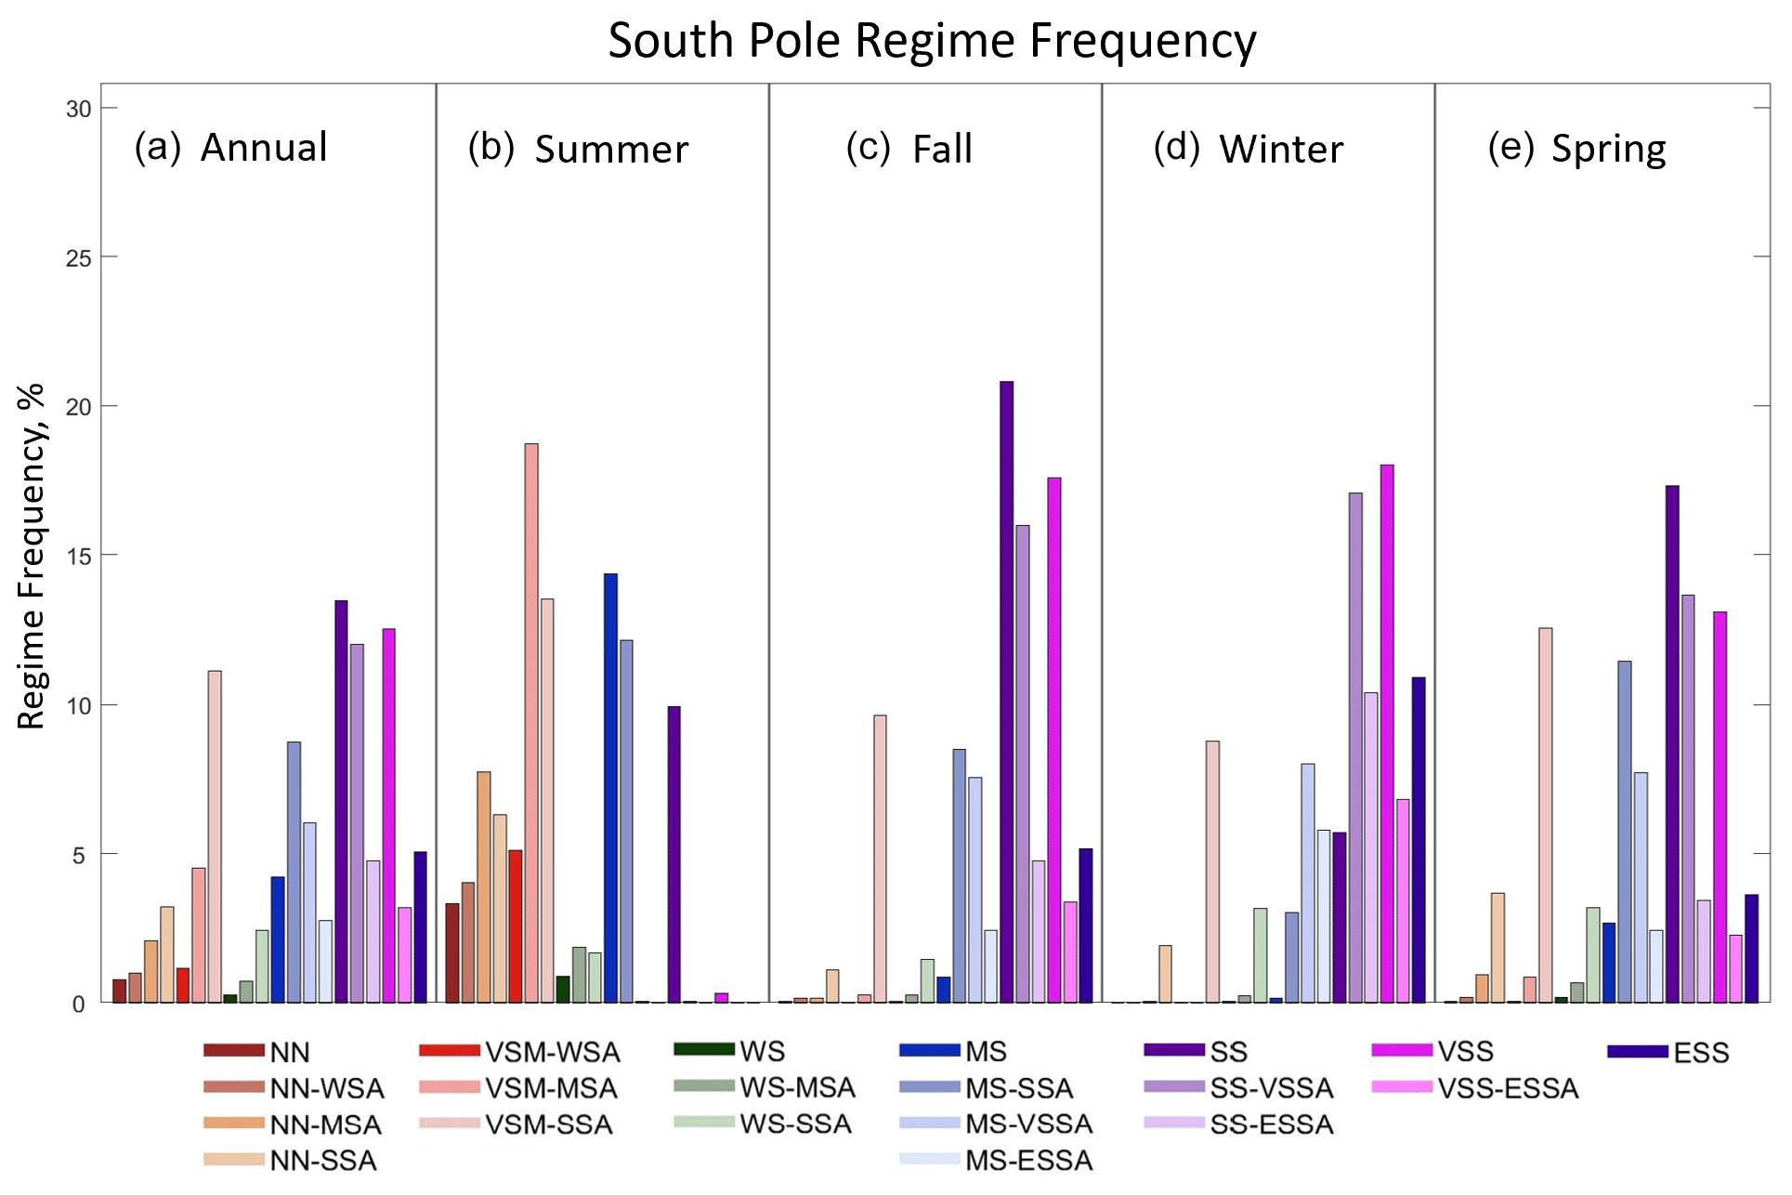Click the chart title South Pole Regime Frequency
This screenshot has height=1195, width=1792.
coord(932,42)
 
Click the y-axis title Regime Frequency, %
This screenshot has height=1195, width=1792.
coord(32,556)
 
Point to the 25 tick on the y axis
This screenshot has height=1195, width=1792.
coord(79,258)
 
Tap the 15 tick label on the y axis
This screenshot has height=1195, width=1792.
coord(79,557)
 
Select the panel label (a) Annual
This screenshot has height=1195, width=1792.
coord(231,148)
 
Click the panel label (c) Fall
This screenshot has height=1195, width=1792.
coord(909,149)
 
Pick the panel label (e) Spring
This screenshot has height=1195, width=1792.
coord(1577,149)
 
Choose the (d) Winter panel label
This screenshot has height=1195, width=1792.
coord(1249,149)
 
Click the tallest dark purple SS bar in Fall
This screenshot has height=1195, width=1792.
coord(1006,691)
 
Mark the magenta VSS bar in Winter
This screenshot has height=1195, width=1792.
coord(1387,733)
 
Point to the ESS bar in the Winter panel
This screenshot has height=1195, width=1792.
coord(1419,840)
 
